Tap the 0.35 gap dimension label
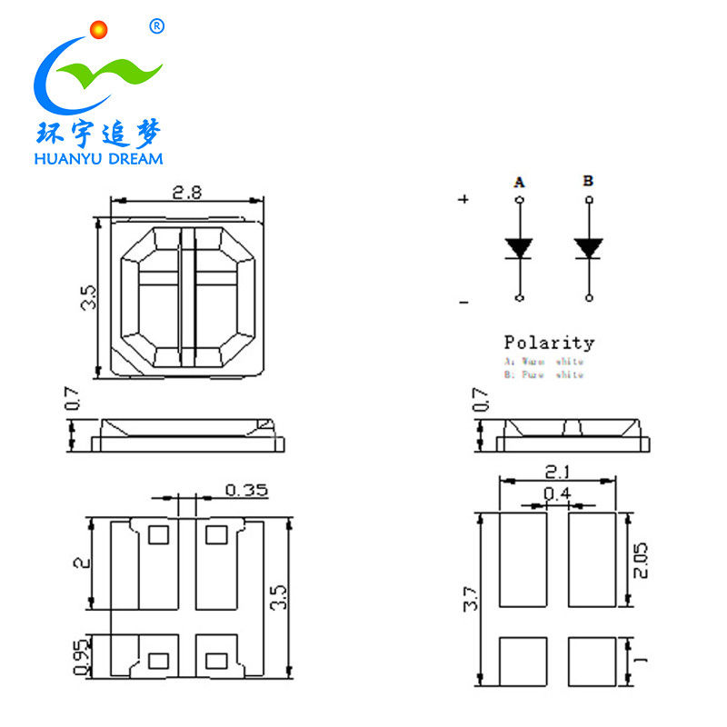(x=246, y=491)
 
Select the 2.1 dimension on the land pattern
(x=557, y=473)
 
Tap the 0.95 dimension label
(x=80, y=657)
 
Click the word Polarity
(x=549, y=343)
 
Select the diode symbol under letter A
(x=519, y=247)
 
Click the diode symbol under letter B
(x=589, y=247)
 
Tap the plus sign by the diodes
(x=464, y=199)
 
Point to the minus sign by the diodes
(x=464, y=301)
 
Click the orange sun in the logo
(x=99, y=29)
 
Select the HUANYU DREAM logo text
(x=97, y=159)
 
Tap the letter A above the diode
(x=519, y=183)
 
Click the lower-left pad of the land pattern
(x=523, y=662)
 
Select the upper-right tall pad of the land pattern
(x=592, y=560)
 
